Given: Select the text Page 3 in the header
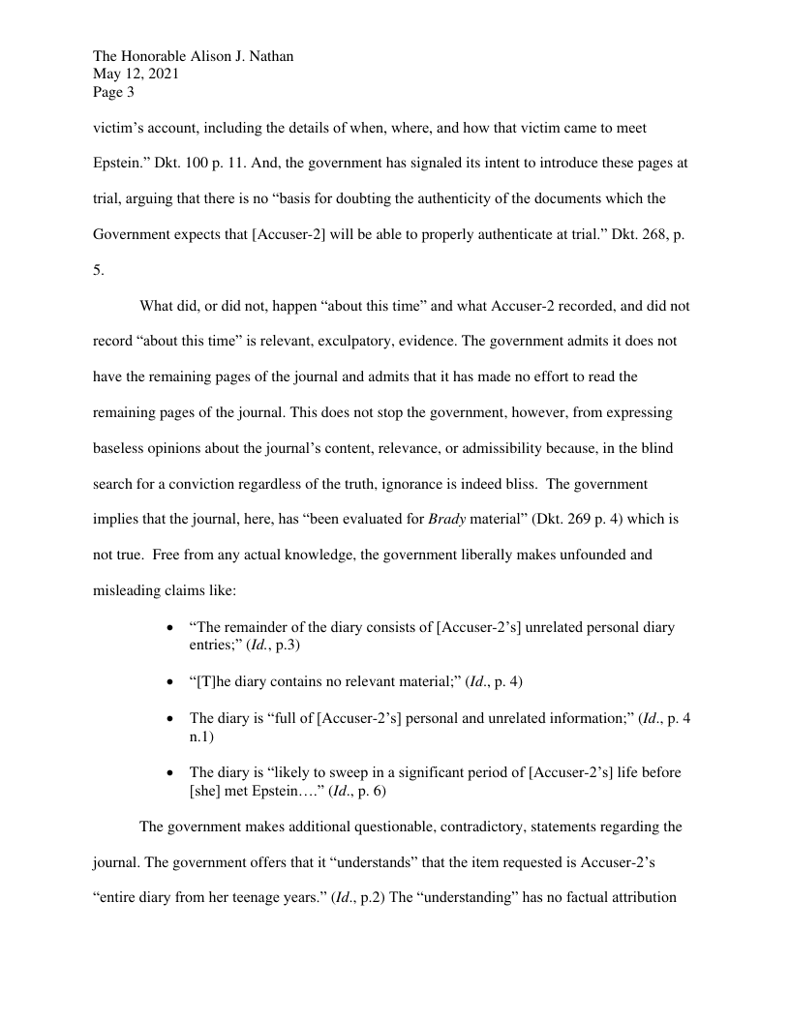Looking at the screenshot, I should [x=113, y=94].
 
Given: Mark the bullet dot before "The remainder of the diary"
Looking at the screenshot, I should [x=170, y=628].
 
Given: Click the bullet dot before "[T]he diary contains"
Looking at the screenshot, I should [x=170, y=682].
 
